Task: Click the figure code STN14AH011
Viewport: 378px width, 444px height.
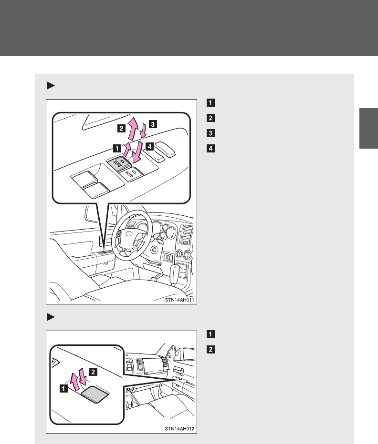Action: coord(179,300)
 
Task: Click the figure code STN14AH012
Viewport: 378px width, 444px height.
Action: coord(179,429)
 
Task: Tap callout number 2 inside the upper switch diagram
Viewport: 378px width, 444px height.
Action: coord(121,128)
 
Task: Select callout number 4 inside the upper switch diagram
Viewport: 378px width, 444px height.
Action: coord(149,146)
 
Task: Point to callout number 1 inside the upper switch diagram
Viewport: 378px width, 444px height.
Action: coord(117,148)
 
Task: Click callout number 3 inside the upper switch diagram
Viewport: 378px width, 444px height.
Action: coord(153,124)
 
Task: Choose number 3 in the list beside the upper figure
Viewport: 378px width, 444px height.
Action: coord(210,133)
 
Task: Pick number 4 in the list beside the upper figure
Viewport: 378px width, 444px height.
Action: coord(210,148)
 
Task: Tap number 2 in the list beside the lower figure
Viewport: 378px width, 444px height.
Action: coord(210,349)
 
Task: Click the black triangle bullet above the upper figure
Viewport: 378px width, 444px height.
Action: coord(51,85)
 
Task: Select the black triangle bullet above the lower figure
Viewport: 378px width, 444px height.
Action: coord(51,317)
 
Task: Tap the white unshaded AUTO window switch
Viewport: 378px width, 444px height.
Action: coord(131,173)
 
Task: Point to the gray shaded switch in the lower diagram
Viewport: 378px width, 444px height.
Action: coord(95,394)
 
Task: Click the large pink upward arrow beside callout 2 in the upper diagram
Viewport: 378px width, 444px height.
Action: coord(133,128)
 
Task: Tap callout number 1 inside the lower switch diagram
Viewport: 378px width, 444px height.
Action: coord(63,389)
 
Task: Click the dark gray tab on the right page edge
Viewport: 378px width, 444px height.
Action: coord(368,128)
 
